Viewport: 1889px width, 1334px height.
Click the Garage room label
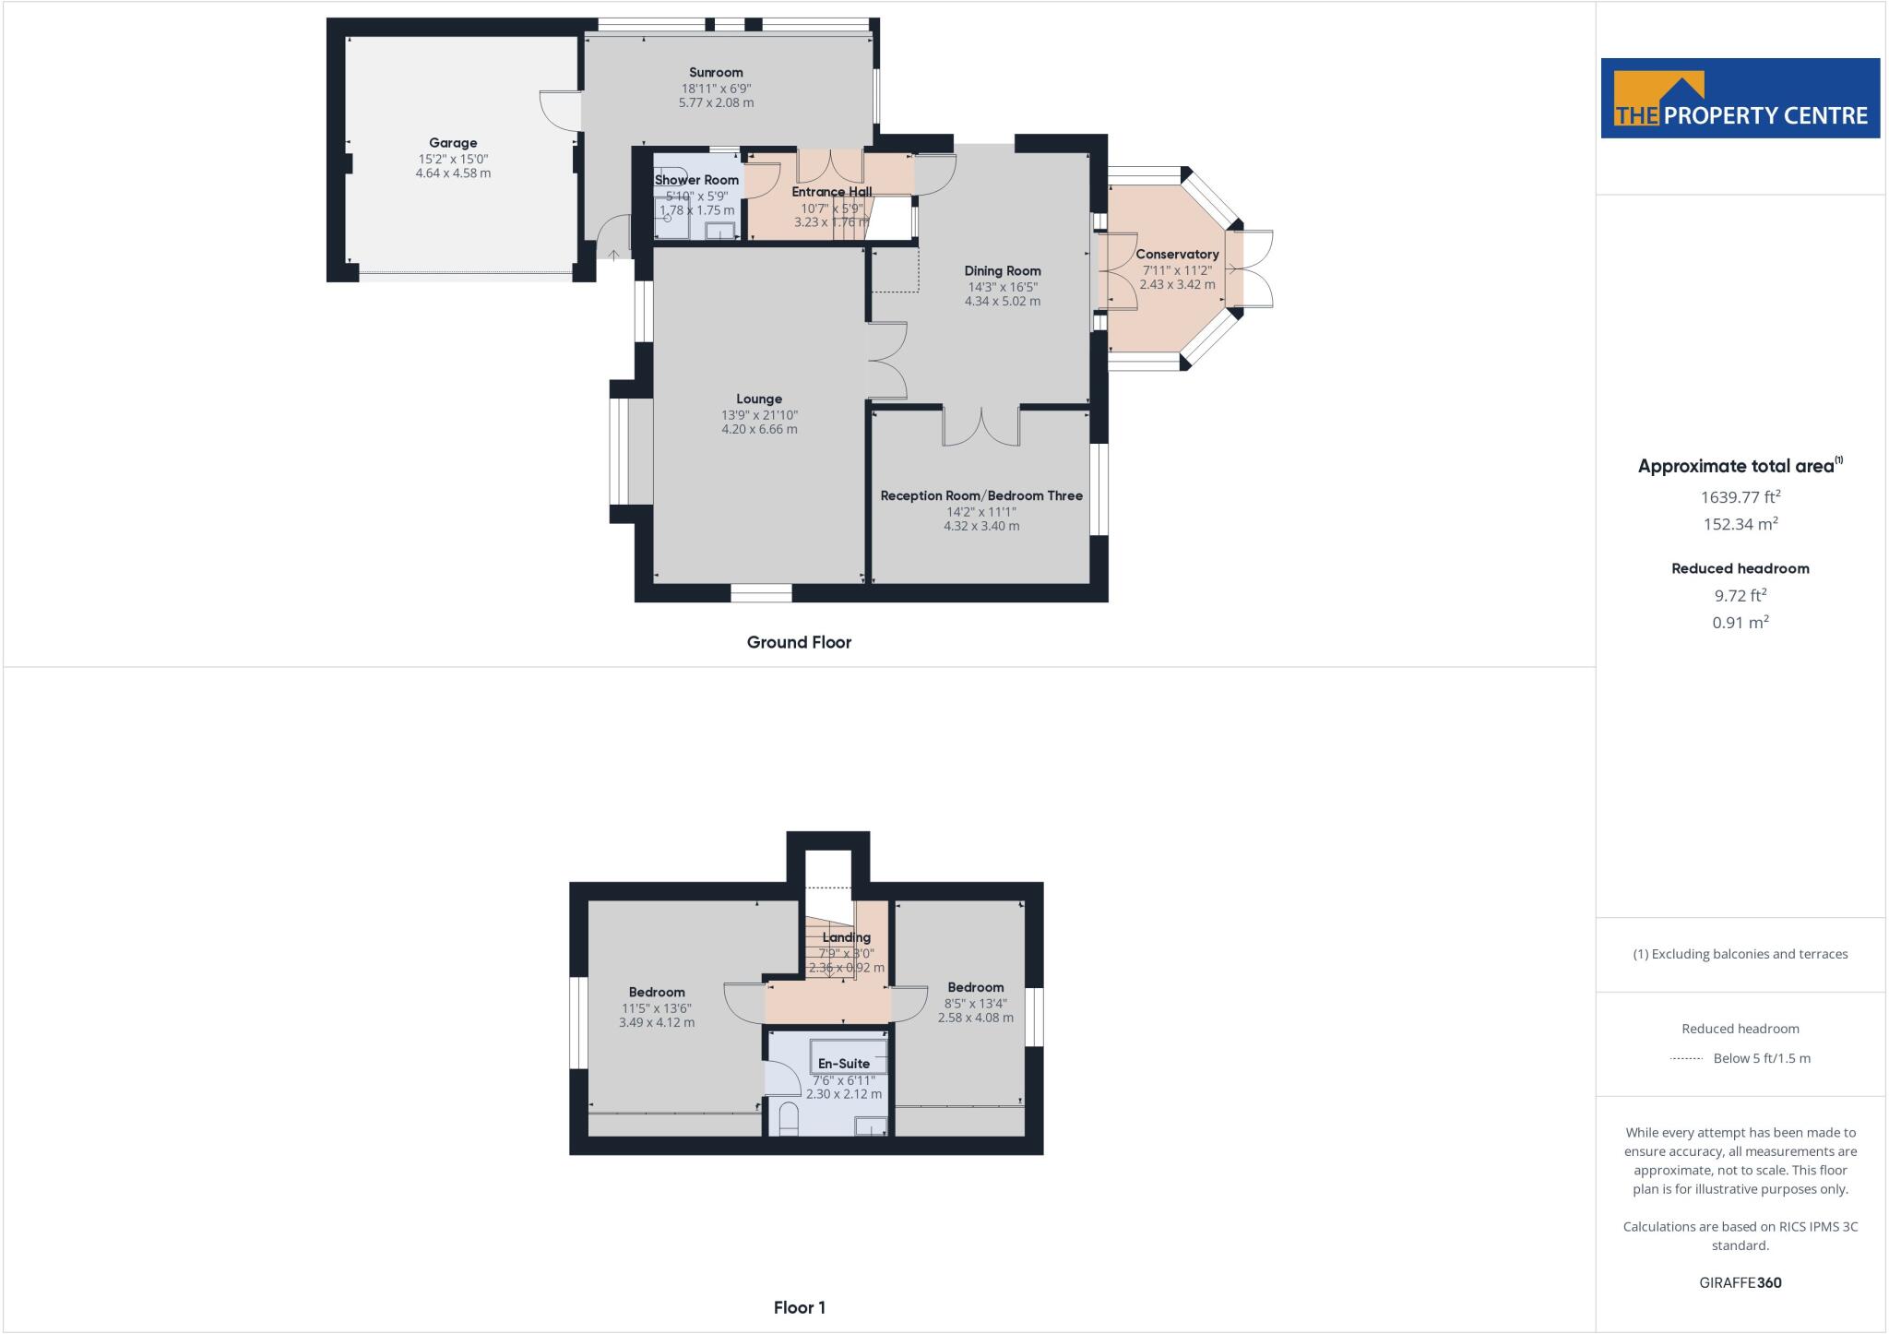(x=453, y=143)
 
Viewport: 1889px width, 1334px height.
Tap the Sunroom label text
(x=716, y=73)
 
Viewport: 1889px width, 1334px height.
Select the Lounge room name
(x=759, y=399)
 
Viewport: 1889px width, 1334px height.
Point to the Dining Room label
(x=1003, y=271)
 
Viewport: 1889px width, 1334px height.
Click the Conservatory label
(x=1177, y=255)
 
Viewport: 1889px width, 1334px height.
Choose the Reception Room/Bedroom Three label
(x=981, y=496)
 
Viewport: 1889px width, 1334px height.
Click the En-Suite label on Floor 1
(x=844, y=1064)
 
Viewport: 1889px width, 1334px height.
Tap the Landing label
(x=846, y=937)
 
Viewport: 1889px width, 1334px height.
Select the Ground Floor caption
(x=799, y=643)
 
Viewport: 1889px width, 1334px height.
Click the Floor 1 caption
(x=800, y=1307)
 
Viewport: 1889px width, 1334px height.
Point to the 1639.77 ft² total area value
(x=1740, y=497)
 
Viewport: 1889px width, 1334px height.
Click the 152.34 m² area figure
(x=1740, y=524)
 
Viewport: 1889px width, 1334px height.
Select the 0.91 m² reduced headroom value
(x=1740, y=623)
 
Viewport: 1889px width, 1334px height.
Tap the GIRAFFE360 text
(x=1740, y=1282)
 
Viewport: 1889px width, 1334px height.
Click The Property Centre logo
(x=1740, y=99)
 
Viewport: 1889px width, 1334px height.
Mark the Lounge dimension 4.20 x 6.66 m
(x=759, y=429)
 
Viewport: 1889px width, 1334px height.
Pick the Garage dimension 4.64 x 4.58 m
(x=453, y=173)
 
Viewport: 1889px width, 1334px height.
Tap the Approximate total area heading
(x=1737, y=467)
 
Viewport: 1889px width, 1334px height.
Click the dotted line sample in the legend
(x=1686, y=1059)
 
